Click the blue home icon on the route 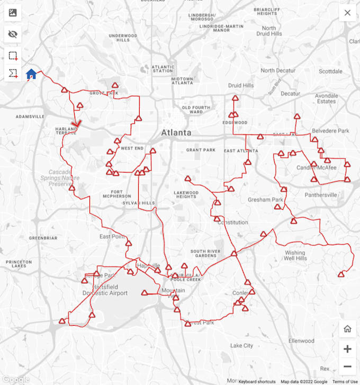tap(31, 74)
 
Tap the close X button tap(347, 13)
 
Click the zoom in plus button tap(347, 349)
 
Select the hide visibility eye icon tap(13, 34)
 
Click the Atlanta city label tap(176, 132)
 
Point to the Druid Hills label tap(241, 85)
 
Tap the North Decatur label tap(278, 70)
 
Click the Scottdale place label tap(331, 71)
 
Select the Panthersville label tap(321, 195)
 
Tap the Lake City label tap(241, 345)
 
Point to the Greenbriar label tap(43, 238)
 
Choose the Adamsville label tap(30, 116)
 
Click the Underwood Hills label tap(123, 38)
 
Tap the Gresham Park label tap(265, 200)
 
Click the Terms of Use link tap(345, 381)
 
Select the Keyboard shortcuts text tap(257, 381)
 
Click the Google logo tap(15, 379)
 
